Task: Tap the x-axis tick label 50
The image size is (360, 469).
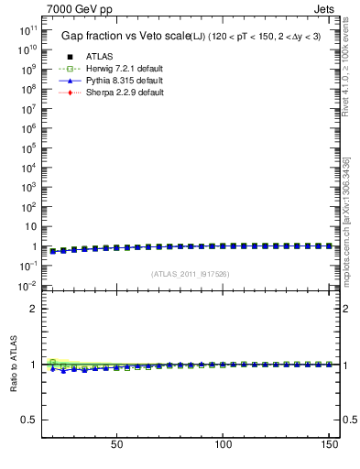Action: point(116,446)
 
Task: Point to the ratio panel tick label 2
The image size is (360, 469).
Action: point(32,309)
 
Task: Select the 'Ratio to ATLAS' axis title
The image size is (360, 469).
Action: point(13,365)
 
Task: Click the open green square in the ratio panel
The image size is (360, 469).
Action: point(53,361)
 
